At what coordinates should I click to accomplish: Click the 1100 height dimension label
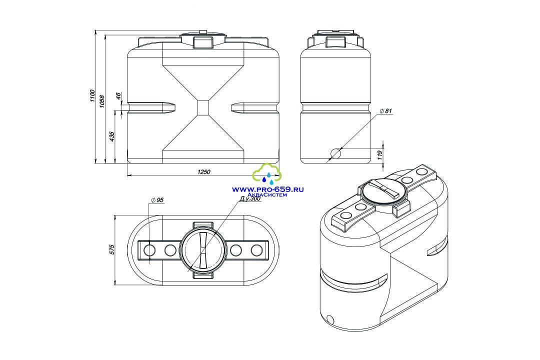(x=92, y=96)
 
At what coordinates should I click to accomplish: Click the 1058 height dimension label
(x=102, y=100)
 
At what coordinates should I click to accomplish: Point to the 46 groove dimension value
(x=118, y=96)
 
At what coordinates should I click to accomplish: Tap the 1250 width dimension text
(x=204, y=172)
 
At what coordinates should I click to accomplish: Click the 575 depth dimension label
(x=111, y=250)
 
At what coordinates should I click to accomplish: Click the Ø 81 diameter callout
(x=385, y=111)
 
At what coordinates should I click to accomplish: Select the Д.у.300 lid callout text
(x=250, y=199)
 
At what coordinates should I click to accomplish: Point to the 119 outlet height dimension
(x=380, y=153)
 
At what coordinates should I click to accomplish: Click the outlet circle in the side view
(x=335, y=153)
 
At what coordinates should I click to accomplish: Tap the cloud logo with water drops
(x=267, y=173)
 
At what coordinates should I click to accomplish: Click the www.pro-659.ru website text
(x=268, y=189)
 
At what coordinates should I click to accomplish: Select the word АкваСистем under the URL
(x=272, y=195)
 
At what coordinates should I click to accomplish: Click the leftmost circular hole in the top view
(x=149, y=250)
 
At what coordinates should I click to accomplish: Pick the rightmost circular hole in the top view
(x=257, y=250)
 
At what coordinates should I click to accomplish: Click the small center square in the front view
(x=203, y=107)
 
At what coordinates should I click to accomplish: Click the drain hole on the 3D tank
(x=330, y=318)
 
